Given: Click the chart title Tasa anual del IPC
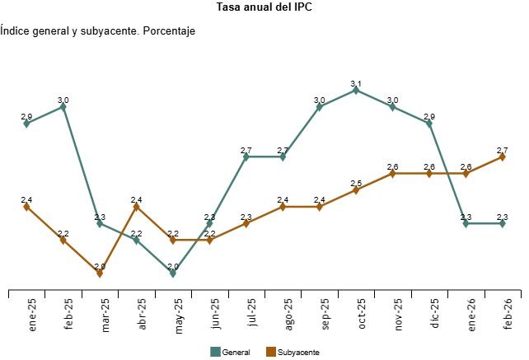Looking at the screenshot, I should (x=264, y=7).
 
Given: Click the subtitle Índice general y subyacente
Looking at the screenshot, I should (x=97, y=30).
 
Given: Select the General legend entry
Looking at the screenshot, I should (x=232, y=352).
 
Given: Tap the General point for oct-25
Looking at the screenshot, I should (x=356, y=90).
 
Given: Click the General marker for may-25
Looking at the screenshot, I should (x=173, y=273).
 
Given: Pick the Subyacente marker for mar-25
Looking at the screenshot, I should (x=100, y=273).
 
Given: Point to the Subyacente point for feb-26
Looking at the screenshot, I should (x=503, y=157).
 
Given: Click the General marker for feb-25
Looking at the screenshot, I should (x=63, y=106).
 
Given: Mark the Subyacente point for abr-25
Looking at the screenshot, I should (x=137, y=207).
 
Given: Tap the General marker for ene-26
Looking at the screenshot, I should (x=466, y=223).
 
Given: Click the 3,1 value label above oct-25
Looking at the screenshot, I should (x=356, y=83).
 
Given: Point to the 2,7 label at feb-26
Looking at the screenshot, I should (x=503, y=150).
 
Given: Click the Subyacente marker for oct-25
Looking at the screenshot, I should (x=356, y=190).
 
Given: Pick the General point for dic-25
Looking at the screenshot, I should (x=429, y=124).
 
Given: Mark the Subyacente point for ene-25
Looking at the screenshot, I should (x=27, y=207).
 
